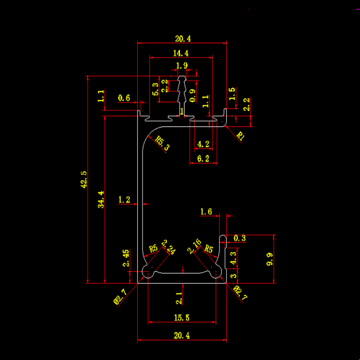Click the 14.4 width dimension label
(181, 52)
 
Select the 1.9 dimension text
(182, 65)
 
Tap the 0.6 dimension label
(124, 97)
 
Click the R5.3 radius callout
(162, 143)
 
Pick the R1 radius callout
(240, 136)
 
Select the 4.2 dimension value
(203, 143)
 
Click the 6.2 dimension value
(203, 158)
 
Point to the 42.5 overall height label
(84, 179)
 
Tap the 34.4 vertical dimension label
(101, 199)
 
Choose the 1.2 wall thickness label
(124, 200)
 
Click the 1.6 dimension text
(206, 212)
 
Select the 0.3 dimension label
(239, 238)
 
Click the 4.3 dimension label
(233, 257)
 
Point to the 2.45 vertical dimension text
(126, 258)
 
